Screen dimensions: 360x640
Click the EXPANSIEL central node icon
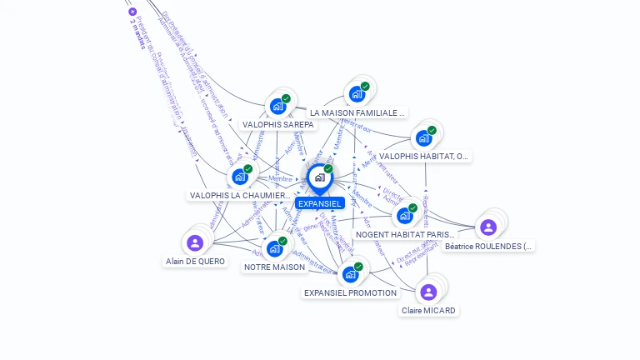click(319, 177)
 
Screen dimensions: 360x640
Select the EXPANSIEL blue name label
click(319, 203)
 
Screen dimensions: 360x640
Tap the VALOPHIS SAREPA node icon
click(277, 107)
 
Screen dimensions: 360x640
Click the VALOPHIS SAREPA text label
click(278, 125)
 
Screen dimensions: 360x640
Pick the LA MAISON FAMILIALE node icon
click(357, 94)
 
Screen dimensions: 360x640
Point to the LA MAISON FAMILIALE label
click(357, 112)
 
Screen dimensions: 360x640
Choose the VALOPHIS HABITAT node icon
click(423, 138)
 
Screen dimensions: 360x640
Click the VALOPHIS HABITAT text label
click(424, 156)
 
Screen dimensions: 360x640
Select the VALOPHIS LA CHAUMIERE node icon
click(240, 177)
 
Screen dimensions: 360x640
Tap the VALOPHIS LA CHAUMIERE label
click(241, 196)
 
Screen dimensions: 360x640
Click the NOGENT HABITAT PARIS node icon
click(405, 216)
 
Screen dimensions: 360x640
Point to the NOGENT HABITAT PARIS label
click(406, 235)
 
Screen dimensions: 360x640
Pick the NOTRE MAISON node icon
click(275, 248)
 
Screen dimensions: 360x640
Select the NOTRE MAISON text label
click(275, 267)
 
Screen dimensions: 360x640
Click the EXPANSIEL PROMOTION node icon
click(350, 274)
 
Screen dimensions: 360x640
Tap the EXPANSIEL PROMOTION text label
click(350, 293)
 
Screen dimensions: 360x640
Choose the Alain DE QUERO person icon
click(195, 242)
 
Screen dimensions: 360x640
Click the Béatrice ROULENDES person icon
click(488, 227)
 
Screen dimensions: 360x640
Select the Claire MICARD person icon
click(428, 292)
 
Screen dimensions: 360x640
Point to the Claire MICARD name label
click(428, 311)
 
